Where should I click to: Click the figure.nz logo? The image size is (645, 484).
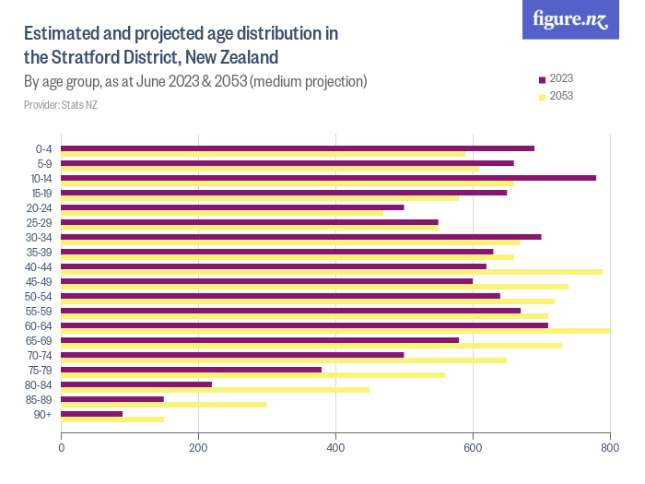[x=570, y=20]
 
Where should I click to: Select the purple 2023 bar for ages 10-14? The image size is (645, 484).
[x=328, y=178]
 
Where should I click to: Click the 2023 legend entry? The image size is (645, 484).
[x=555, y=79]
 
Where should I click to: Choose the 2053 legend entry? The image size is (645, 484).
[x=555, y=96]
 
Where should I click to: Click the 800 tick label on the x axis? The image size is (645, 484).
[x=609, y=448]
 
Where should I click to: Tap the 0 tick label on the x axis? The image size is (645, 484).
[x=62, y=448]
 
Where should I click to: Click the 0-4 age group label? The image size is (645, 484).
[x=43, y=149]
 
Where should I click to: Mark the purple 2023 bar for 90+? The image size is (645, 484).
[x=92, y=414]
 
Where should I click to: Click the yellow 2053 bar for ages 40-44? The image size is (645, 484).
[x=332, y=272]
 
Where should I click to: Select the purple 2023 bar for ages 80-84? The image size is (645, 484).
[x=136, y=384]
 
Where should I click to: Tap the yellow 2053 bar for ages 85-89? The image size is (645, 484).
[x=164, y=405]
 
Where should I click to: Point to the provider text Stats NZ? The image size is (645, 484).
[x=78, y=105]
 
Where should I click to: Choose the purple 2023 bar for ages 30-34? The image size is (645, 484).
[x=301, y=237]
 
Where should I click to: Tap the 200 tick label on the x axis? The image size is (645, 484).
[x=198, y=448]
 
